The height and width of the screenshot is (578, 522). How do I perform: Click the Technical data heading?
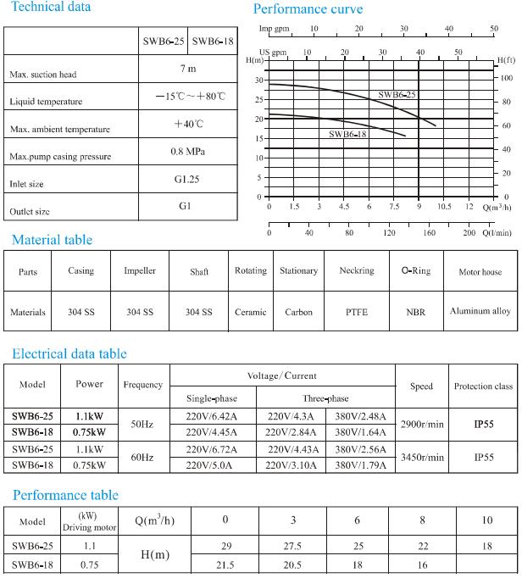pos(51,7)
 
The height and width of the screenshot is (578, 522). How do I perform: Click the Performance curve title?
pos(308,9)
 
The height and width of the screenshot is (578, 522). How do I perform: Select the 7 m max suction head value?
pos(187,69)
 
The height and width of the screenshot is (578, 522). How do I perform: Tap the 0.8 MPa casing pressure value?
pos(187,152)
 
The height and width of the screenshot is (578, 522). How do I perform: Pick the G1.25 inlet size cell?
pos(187,180)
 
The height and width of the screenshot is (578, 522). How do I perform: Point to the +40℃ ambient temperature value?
pos(188,124)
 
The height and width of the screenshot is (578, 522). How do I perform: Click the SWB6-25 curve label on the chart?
pos(397,95)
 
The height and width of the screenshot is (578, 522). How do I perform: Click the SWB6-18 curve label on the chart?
pos(347,134)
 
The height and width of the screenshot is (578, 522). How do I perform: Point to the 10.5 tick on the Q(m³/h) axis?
pos(444,207)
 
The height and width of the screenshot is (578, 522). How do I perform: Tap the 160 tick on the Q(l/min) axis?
pos(429,232)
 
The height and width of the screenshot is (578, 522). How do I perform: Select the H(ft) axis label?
pos(507,60)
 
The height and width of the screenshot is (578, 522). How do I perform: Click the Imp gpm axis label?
pos(275,29)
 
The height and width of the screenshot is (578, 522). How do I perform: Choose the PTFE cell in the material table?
pos(356,312)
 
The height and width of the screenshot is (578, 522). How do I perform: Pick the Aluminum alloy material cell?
pos(480,311)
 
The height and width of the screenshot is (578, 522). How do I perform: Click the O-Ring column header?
pos(415,271)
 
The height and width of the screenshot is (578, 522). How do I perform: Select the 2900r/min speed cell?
pos(422,423)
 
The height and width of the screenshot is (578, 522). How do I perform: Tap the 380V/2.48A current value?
pos(359,416)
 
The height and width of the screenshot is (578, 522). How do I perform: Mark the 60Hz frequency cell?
pos(142,457)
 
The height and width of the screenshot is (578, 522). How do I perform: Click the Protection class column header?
pos(484,386)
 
